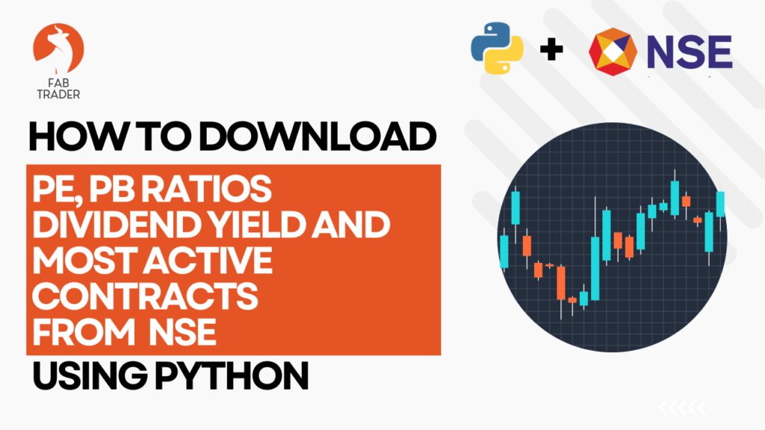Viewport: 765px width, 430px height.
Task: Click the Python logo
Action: pos(497,49)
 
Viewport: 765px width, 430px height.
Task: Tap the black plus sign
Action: pos(551,49)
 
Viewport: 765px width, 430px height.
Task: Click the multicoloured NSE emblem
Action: pos(613,52)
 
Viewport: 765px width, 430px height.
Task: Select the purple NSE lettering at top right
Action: pos(690,52)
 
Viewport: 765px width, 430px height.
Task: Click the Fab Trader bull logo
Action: pos(58,49)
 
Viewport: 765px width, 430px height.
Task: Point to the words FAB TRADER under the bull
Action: pos(58,89)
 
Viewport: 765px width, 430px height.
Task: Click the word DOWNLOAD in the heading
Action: pos(317,137)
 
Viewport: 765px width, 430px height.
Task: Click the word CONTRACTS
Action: pos(145,296)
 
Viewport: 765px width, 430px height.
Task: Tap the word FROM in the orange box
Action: pos(84,332)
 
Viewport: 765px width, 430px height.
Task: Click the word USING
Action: pos(90,376)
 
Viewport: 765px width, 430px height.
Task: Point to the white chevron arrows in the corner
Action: pos(683,408)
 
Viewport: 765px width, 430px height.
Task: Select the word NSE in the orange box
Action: pos(182,332)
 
